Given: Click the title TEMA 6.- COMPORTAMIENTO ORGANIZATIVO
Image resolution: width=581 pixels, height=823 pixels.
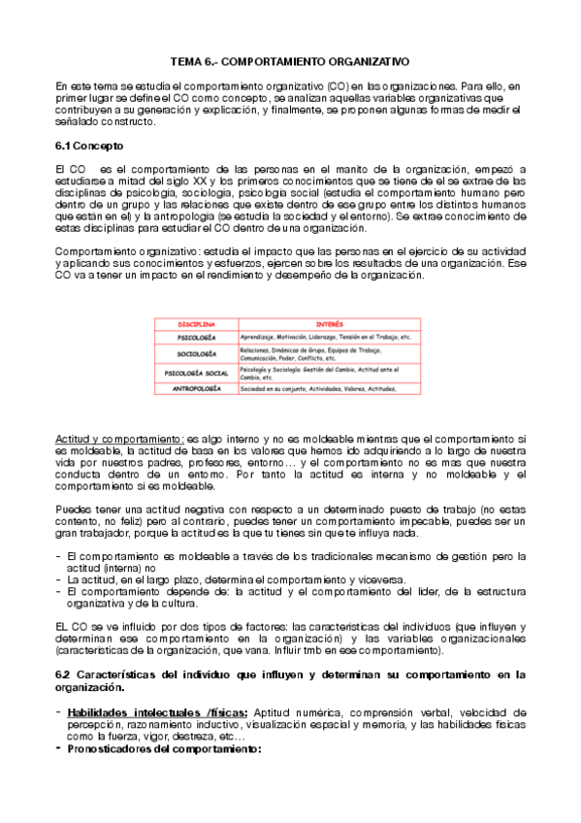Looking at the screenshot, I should point(291,59).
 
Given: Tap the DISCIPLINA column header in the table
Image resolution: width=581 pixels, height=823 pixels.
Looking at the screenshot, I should point(196,322).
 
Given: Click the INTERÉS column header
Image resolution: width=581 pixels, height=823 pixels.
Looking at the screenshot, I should point(330,322).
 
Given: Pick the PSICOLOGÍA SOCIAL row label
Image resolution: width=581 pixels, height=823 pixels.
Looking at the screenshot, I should point(196,373).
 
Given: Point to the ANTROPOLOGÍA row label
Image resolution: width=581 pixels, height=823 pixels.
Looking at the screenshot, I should point(196,388).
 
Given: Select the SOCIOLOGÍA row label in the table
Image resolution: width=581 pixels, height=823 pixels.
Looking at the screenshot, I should point(196,353).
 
